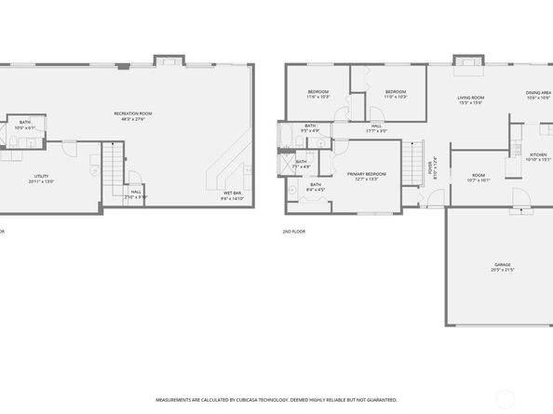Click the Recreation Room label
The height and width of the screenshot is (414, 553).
pyautogui.click(x=133, y=115)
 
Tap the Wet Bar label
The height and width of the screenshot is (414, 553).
pyautogui.click(x=232, y=195)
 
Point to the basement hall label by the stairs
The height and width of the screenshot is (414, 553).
pyautogui.click(x=136, y=194)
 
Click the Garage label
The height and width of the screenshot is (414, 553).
pyautogui.click(x=503, y=267)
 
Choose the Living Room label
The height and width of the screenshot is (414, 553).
pyautogui.click(x=470, y=100)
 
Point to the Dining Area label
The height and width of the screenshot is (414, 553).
pyautogui.click(x=537, y=94)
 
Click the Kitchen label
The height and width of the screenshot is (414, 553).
pyautogui.click(x=538, y=156)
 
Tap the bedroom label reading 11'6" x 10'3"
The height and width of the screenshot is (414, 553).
pyautogui.click(x=318, y=94)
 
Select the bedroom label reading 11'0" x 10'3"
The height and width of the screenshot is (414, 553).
pyautogui.click(x=396, y=94)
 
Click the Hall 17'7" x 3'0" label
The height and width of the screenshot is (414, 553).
pyautogui.click(x=376, y=127)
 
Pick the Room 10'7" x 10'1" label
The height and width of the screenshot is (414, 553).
pyautogui.click(x=479, y=178)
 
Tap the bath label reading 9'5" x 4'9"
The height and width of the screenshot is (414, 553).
pyautogui.click(x=309, y=127)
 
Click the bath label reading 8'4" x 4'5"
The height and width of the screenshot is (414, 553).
pyautogui.click(x=316, y=187)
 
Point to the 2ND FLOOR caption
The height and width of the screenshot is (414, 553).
pyautogui.click(x=294, y=232)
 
